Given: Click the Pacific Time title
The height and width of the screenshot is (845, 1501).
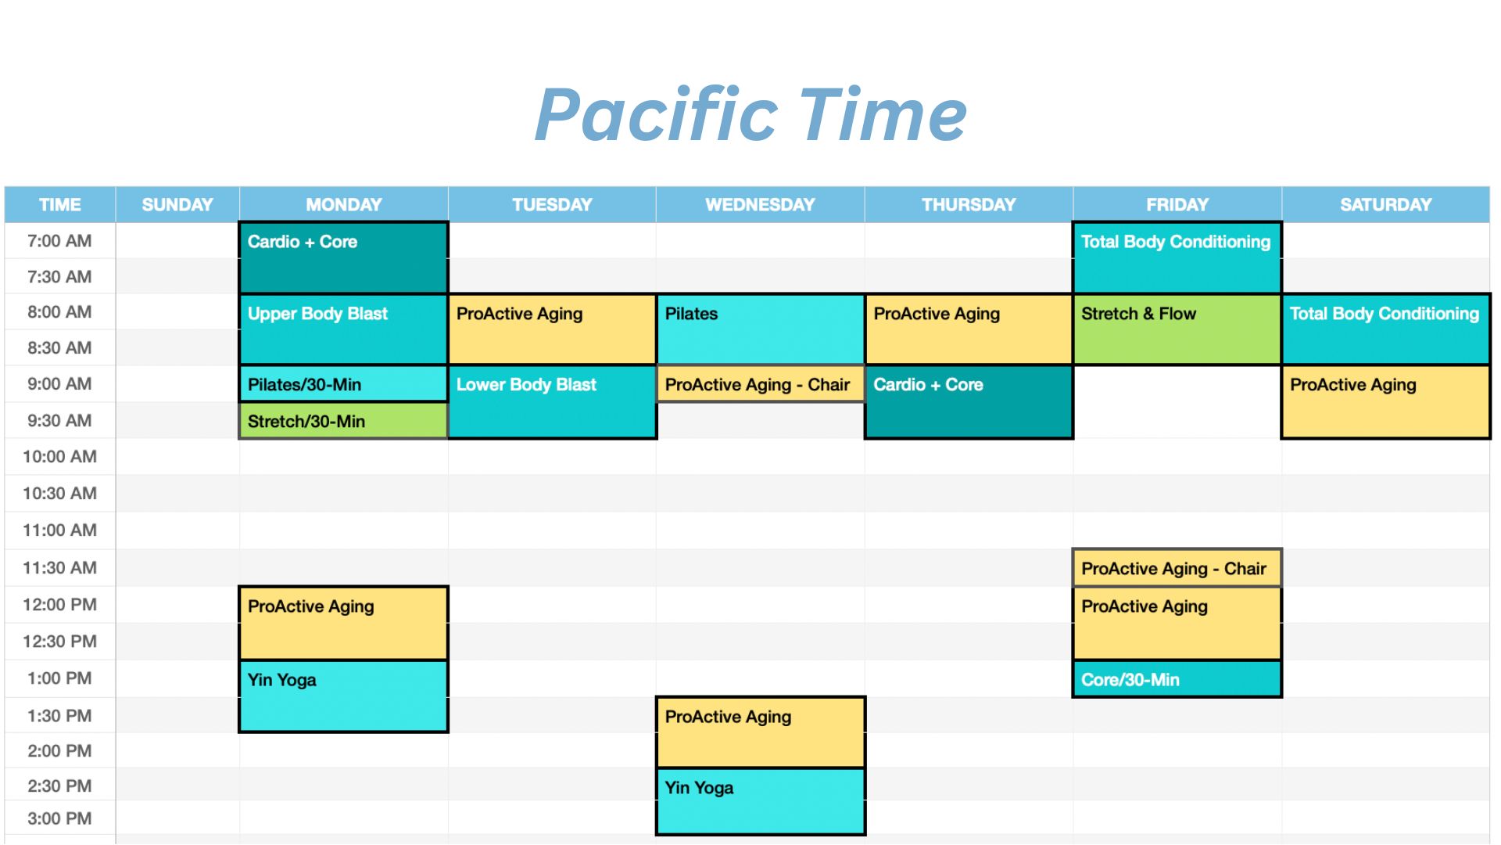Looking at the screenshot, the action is point(750,115).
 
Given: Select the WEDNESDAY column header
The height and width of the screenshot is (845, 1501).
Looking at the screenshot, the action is point(760,205).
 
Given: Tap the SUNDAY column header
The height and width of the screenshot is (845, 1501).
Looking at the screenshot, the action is point(177,205).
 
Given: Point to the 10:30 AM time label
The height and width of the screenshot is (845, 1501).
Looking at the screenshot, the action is point(59,494).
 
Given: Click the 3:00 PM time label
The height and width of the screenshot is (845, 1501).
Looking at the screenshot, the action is point(59,819).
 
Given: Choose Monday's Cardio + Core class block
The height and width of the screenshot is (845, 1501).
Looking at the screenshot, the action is point(343,257).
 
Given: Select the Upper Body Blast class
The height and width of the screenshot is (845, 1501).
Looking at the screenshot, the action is point(343,329).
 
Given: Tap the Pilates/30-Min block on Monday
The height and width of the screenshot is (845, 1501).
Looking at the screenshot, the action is point(343,384).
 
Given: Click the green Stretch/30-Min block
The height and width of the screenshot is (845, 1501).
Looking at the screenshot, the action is point(343,421).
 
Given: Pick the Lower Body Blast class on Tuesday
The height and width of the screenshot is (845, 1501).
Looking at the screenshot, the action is point(552,402).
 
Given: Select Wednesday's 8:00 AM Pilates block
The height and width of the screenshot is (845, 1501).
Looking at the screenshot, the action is point(761,329).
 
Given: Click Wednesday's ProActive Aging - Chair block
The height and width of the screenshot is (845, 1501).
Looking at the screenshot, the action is point(761,384).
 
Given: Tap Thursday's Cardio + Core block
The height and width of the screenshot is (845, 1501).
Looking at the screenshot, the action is point(969,402).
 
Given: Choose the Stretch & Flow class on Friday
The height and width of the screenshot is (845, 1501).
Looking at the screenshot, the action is point(1177,329).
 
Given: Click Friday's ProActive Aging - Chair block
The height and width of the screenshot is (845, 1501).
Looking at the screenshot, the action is point(1177,568).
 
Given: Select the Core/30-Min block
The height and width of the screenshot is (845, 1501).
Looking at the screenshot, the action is point(1177,679).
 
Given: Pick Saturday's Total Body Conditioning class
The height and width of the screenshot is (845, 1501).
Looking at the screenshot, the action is point(1386,329).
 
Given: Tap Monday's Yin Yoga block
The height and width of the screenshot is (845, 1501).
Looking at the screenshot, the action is point(343,696).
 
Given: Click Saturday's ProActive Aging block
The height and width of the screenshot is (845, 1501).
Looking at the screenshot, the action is point(1386,402).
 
